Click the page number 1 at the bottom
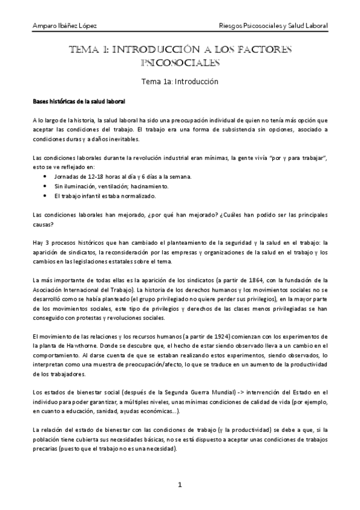pyautogui.click(x=180, y=485)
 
